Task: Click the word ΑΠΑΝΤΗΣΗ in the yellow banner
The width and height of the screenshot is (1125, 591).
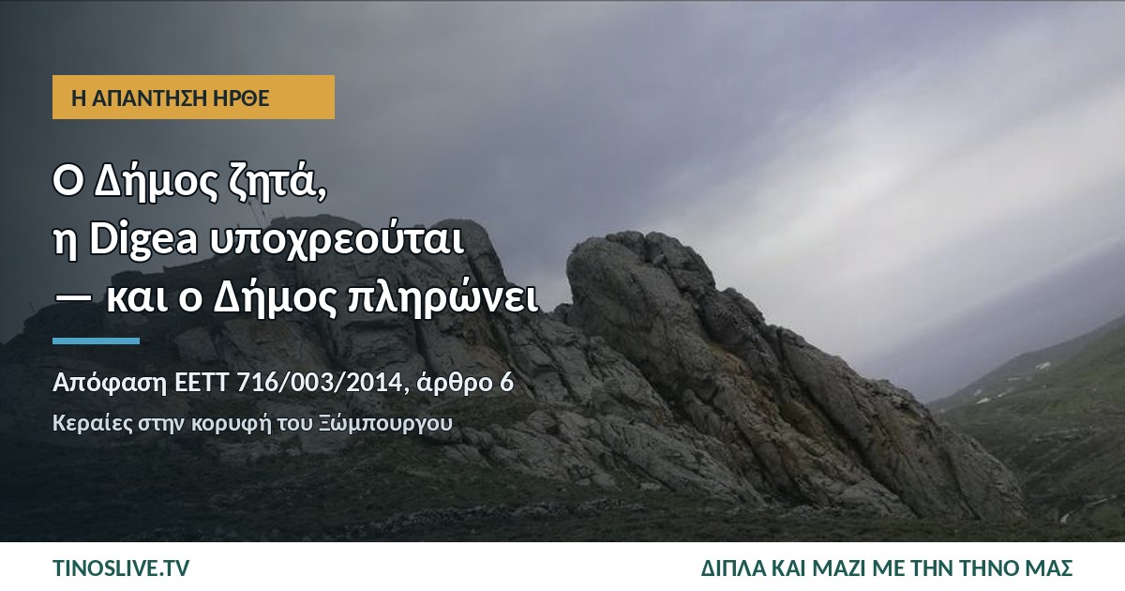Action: pos(148,98)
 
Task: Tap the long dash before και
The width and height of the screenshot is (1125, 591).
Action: pos(73,297)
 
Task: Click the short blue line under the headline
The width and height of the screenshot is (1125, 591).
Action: pos(96,341)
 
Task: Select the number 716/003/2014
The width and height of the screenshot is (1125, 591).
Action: pos(320,383)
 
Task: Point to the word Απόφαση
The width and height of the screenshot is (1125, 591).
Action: pos(110,384)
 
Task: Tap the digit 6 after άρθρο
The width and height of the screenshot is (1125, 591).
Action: pos(507,383)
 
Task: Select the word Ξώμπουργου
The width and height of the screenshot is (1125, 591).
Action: pos(385,423)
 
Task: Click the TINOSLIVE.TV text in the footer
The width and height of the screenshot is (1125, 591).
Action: pos(121,568)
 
